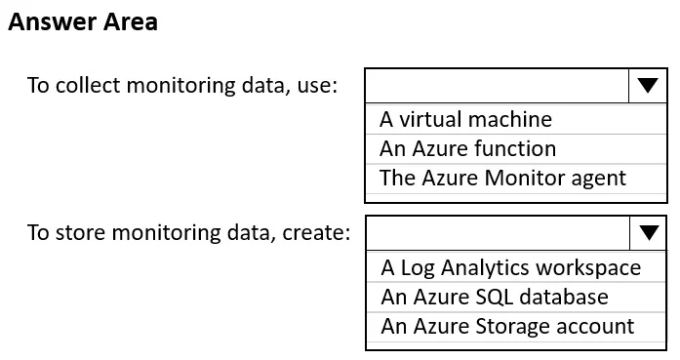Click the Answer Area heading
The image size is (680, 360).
(x=83, y=22)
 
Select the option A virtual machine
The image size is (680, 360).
(x=465, y=119)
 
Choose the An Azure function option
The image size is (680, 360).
(x=467, y=148)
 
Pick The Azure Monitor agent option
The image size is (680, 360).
(x=502, y=179)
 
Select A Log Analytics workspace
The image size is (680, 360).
(x=511, y=267)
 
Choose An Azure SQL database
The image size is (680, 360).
(x=495, y=298)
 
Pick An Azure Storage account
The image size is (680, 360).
(x=507, y=326)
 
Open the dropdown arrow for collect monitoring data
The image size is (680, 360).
(x=648, y=86)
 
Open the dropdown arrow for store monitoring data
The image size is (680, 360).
(x=649, y=233)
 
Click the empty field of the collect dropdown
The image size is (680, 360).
(x=498, y=86)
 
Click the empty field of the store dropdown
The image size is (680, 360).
(x=499, y=233)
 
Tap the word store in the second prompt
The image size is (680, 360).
(x=80, y=233)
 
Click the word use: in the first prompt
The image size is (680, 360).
(x=317, y=86)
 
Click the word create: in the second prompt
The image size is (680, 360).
(x=316, y=233)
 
